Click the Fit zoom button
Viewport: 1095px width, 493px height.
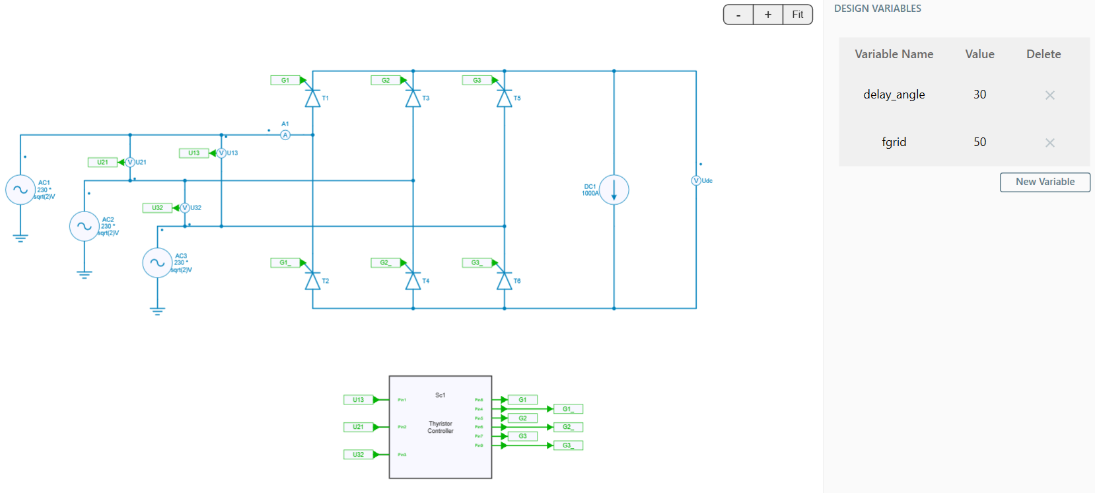[x=797, y=15]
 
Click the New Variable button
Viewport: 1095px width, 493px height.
[x=1044, y=182]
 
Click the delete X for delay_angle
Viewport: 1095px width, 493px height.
[x=1049, y=95]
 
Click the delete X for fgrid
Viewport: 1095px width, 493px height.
[x=1049, y=143]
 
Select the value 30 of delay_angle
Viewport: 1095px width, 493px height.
[x=979, y=95]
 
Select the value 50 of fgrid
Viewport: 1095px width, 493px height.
[x=979, y=142]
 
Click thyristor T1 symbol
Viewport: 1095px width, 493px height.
[x=312, y=98]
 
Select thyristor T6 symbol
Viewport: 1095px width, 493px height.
[x=504, y=282]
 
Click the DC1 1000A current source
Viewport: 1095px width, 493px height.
[x=614, y=190]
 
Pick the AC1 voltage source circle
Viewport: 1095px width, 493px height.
[x=20, y=190]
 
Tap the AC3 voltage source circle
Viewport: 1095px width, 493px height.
[x=157, y=263]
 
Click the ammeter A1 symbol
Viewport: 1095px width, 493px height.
[x=285, y=135]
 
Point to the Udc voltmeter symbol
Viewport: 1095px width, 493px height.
[x=695, y=180]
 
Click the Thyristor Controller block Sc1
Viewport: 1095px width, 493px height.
[x=441, y=427]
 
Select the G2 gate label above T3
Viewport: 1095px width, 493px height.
[x=385, y=81]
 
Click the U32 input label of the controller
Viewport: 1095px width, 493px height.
[x=358, y=455]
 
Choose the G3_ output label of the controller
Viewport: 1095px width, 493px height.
[x=567, y=445]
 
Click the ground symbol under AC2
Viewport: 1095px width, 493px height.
[x=84, y=274]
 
